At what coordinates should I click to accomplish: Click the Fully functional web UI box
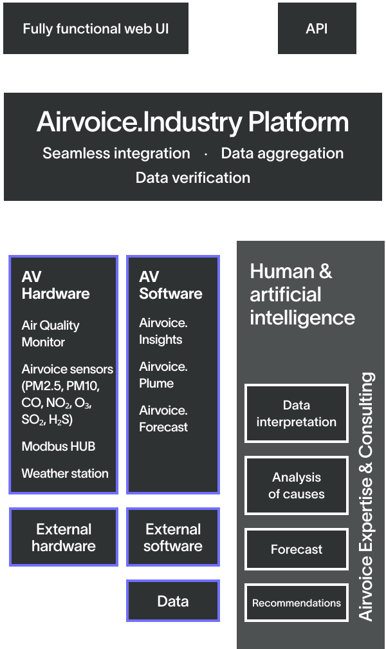click(96, 28)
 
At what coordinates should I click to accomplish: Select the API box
click(317, 28)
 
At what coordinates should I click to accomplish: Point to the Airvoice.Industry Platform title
click(192, 122)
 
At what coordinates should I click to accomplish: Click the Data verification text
click(192, 178)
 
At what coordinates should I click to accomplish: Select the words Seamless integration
click(116, 153)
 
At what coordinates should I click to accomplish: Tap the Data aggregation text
click(282, 153)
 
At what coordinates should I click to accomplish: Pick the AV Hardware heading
click(55, 285)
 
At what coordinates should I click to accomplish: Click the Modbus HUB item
click(59, 446)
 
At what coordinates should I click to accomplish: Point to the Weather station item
click(65, 473)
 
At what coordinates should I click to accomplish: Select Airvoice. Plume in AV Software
click(163, 375)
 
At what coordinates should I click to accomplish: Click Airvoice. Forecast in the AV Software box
click(163, 419)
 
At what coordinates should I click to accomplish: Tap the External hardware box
click(64, 537)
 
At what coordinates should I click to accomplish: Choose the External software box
click(173, 537)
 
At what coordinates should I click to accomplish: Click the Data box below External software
click(173, 601)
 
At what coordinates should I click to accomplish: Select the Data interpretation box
click(296, 413)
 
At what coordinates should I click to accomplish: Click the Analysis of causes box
click(296, 485)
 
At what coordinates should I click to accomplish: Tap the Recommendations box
click(296, 603)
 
